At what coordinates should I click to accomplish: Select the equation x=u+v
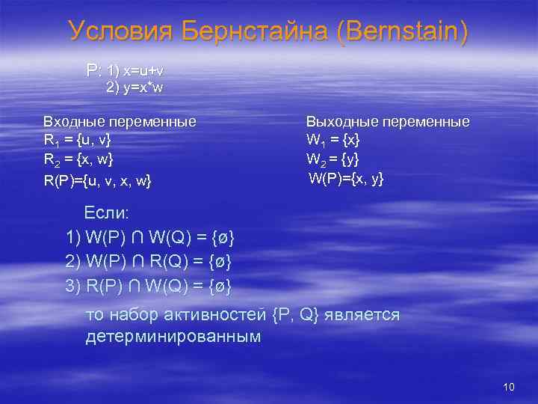[x=142, y=70]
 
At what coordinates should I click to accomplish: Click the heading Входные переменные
[x=120, y=121]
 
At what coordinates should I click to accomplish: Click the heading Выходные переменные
[x=388, y=121]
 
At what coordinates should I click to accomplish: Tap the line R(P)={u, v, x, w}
[x=97, y=180]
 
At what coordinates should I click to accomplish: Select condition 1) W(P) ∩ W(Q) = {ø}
[x=150, y=239]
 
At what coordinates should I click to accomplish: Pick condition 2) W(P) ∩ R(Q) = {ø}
[x=149, y=262]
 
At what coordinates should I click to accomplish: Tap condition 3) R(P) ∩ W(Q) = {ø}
[x=149, y=286]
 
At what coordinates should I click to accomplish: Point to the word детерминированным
[x=173, y=337]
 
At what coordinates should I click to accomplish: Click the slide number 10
[x=509, y=387]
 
